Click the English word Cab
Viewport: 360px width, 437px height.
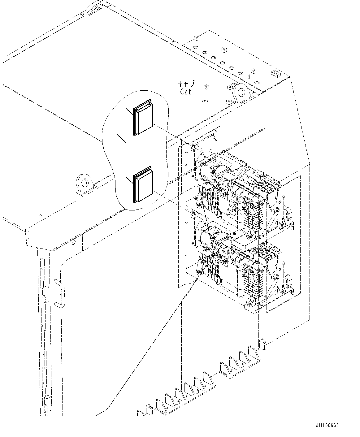pyautogui.click(x=186, y=92)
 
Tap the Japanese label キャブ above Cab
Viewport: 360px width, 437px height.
pyautogui.click(x=186, y=84)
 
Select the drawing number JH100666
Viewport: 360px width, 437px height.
pyautogui.click(x=327, y=425)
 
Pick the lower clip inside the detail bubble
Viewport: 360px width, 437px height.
pyautogui.click(x=143, y=185)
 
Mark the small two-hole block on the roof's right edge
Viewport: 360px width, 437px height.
pyautogui.click(x=275, y=73)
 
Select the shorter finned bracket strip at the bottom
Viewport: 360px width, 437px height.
pyautogui.click(x=240, y=365)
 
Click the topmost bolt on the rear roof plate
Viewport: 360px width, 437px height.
pyautogui.click(x=197, y=38)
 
